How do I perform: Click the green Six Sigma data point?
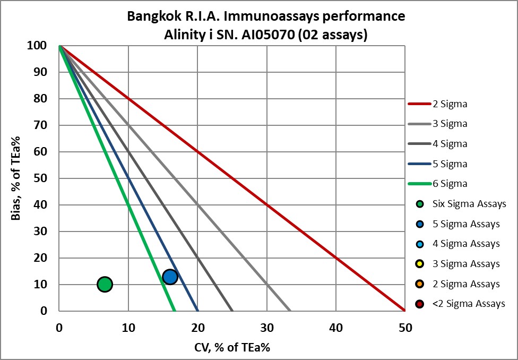coord(105,285)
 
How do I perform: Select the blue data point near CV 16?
coord(170,277)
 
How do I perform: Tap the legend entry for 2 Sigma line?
coord(437,104)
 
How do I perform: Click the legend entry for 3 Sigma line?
coord(437,124)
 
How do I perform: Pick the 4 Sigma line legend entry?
coord(437,144)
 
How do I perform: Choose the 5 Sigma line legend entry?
coord(437,164)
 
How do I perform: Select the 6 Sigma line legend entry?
coord(437,184)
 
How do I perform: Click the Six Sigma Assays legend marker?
coord(420,204)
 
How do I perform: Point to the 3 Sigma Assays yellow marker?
coord(420,264)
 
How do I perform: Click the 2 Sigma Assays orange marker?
coord(420,284)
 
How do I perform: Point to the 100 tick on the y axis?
coord(43,46)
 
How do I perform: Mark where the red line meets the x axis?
coord(405,311)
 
